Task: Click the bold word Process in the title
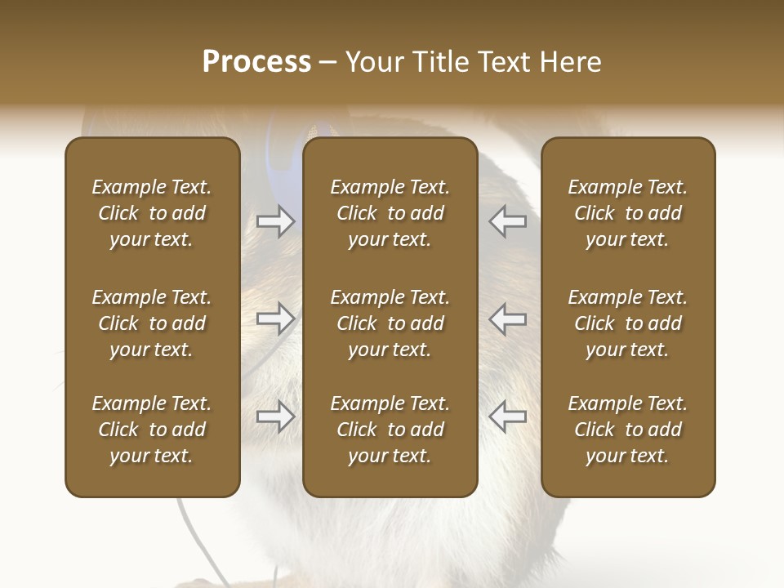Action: [x=256, y=62]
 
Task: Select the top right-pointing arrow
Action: [x=275, y=220]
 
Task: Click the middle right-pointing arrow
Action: [x=275, y=318]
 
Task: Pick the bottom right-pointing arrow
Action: [x=275, y=416]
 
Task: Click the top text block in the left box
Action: [x=152, y=213]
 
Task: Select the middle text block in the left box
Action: [x=152, y=323]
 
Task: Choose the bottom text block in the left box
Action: [x=152, y=430]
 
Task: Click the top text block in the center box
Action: [x=390, y=213]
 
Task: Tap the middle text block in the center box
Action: [x=390, y=323]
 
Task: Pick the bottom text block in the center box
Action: [x=390, y=430]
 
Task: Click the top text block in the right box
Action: [x=627, y=213]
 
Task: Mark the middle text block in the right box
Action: [x=627, y=323]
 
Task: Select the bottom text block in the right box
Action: [x=627, y=430]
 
